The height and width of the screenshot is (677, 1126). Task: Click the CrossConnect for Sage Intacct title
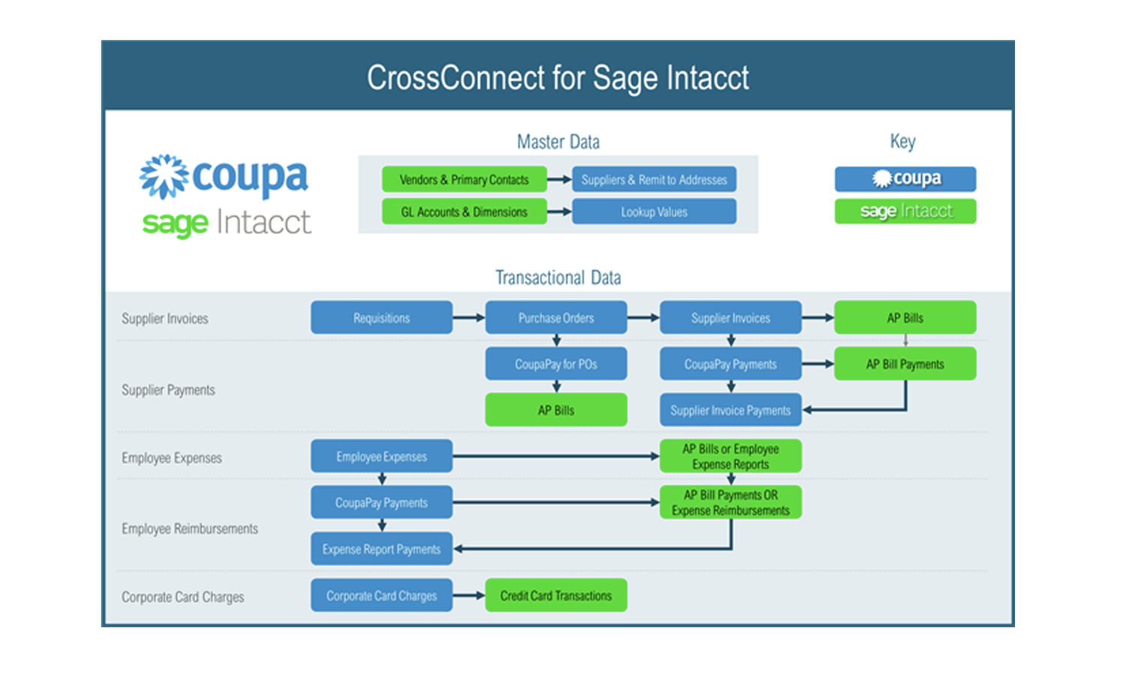click(x=558, y=77)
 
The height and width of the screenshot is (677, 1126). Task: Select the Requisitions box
click(x=381, y=317)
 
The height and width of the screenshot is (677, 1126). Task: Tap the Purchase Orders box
click(x=555, y=317)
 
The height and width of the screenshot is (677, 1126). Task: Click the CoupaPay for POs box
click(x=555, y=364)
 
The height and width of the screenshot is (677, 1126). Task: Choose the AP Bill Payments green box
click(x=905, y=364)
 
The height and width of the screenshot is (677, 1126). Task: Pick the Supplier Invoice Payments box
click(x=730, y=411)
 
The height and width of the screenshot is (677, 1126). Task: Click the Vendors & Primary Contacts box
click(x=464, y=179)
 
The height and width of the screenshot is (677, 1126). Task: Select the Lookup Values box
click(x=654, y=212)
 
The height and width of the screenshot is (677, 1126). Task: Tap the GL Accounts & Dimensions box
click(x=464, y=212)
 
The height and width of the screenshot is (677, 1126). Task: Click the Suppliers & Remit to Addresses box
click(x=654, y=179)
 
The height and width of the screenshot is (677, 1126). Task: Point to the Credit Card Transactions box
click(x=555, y=595)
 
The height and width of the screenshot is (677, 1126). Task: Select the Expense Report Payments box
click(x=381, y=549)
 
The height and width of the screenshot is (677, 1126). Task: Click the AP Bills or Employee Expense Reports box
click(x=730, y=456)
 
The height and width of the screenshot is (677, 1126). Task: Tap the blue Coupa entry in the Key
click(x=905, y=179)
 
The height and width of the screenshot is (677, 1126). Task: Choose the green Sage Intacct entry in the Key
click(x=905, y=211)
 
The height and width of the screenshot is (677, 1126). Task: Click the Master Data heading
click(x=558, y=142)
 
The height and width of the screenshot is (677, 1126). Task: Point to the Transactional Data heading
click(x=558, y=278)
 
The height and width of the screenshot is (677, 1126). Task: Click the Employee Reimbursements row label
click(x=190, y=528)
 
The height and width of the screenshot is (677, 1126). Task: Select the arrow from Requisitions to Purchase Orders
click(x=469, y=317)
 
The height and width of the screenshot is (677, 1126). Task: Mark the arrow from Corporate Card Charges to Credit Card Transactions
click(x=469, y=595)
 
